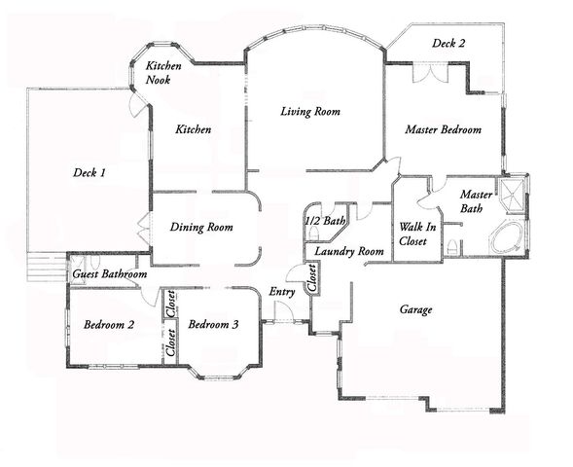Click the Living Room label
[x=309, y=112]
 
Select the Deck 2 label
[x=448, y=43]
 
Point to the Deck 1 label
[x=89, y=172]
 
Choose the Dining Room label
[x=201, y=228]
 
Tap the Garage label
[x=415, y=310]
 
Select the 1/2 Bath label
[x=325, y=222]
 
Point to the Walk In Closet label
[x=416, y=233]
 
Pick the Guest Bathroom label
[x=110, y=275]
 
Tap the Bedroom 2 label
[x=108, y=324]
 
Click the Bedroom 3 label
[x=213, y=324]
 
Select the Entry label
[x=282, y=291]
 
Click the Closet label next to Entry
[x=313, y=279]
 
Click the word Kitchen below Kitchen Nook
[x=193, y=129]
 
